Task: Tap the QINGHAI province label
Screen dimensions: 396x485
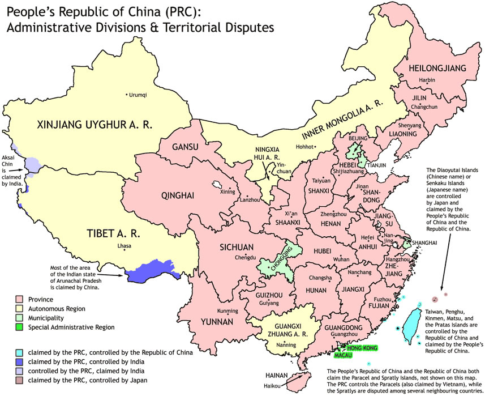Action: tap(178, 196)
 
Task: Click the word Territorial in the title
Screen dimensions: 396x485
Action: tap(173, 27)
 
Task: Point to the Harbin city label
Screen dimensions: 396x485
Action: tap(427, 80)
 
